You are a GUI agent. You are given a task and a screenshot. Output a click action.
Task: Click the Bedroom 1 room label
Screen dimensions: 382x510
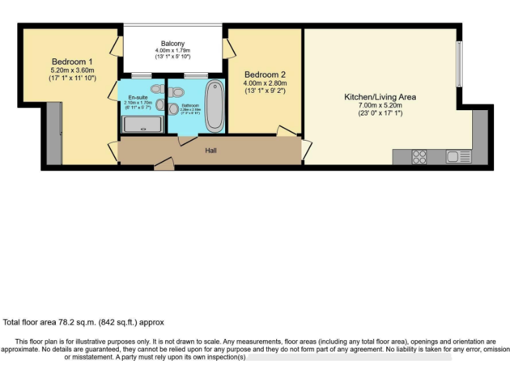coord(73,62)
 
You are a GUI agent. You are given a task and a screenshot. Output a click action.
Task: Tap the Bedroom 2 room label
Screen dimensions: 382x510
coord(264,74)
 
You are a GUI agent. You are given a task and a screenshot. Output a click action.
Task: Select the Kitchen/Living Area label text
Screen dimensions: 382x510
coord(380,97)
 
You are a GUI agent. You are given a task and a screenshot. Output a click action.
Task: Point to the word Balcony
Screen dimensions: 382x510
coord(172,43)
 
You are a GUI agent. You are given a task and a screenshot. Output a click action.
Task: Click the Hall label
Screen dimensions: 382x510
coord(211,151)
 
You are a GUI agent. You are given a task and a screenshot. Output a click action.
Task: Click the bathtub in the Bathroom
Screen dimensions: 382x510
coord(214,106)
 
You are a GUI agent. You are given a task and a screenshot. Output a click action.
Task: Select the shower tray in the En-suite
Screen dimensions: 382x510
coord(142,125)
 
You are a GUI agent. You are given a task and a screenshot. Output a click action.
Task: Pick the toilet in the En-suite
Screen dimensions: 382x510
coord(157,89)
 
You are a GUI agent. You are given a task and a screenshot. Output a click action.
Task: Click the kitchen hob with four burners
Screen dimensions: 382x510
coord(420,157)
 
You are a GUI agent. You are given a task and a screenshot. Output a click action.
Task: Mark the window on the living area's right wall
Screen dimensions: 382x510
coord(458,64)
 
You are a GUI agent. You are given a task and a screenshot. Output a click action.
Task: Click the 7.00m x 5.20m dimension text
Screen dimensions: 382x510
coord(380,105)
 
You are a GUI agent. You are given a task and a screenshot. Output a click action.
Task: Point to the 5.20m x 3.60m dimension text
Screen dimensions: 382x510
coord(73,70)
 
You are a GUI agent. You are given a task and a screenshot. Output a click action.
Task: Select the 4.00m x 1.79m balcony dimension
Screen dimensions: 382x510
coord(172,50)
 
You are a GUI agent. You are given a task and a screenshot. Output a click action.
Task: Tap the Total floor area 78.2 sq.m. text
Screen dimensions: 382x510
coord(83,322)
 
